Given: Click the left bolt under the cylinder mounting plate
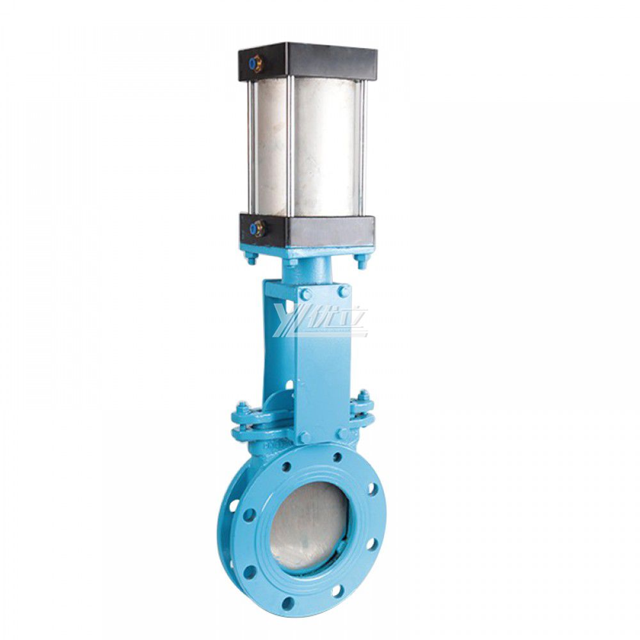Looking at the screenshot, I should [250, 259].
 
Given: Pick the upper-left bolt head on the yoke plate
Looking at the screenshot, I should [306, 294].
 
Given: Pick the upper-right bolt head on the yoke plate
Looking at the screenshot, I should [344, 292].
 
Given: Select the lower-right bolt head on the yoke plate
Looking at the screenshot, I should [344, 435].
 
